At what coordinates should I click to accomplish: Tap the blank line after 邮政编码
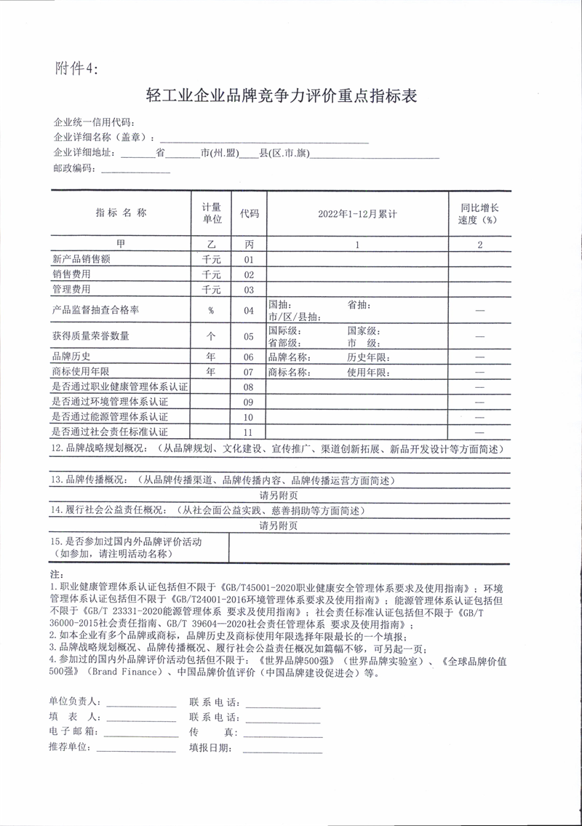(135, 170)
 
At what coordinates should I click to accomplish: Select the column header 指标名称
(121, 213)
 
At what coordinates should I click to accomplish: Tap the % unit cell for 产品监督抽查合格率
(211, 311)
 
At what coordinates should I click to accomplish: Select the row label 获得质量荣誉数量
(90, 336)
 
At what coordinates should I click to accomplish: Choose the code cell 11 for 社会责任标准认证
(249, 433)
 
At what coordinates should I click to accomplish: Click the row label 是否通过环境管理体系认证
(110, 402)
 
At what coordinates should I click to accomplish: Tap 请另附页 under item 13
(279, 495)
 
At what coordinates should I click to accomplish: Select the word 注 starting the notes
(55, 575)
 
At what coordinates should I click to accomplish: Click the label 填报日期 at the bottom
(210, 747)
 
